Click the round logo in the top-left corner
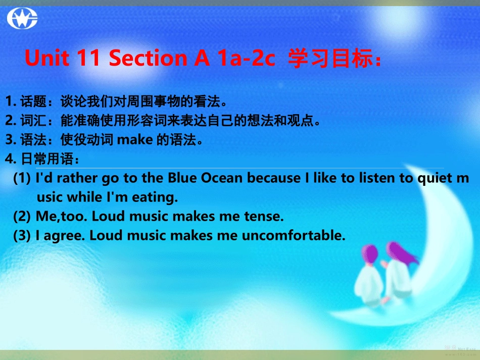tap(22, 19)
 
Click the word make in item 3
tap(135, 139)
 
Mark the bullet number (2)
tap(23, 217)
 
